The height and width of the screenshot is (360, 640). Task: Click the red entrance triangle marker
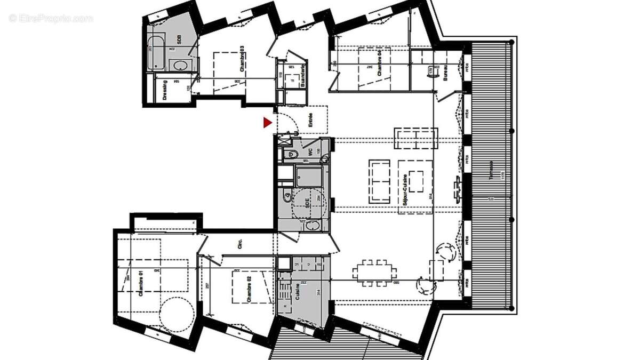tap(267, 123)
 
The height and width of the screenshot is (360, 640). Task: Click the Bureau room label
tap(445, 74)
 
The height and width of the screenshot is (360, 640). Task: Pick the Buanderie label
tap(302, 75)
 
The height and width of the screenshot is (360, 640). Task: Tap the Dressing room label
tap(165, 90)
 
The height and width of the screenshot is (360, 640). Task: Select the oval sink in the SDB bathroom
tap(180, 66)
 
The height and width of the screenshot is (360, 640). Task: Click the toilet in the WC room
tap(292, 155)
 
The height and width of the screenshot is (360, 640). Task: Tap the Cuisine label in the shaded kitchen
tap(297, 292)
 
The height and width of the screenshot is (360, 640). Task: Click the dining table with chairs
tap(373, 272)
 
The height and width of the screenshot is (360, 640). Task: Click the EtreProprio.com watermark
tap(51, 18)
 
